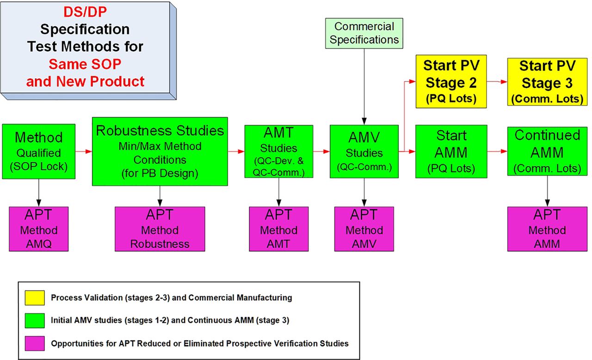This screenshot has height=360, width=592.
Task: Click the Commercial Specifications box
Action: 364,33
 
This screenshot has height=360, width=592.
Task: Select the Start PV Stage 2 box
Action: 451,81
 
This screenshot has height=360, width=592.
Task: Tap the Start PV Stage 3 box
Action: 547,82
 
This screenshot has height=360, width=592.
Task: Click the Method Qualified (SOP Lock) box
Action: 38,151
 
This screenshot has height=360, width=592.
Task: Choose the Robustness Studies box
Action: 160,151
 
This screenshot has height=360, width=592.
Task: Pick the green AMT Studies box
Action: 279,151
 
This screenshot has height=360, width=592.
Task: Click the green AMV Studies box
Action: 364,151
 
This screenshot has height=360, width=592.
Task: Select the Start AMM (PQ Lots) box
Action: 451,151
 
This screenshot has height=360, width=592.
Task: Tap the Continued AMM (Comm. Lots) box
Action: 547,151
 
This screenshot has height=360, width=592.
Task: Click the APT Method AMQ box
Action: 38,229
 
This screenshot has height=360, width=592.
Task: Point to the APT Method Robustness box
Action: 160,229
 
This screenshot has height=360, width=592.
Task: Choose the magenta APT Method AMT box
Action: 279,229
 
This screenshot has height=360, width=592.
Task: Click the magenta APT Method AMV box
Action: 364,229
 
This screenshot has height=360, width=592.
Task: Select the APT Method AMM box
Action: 547,229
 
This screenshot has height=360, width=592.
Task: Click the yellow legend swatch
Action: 35,298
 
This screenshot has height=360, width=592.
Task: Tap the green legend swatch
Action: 35,321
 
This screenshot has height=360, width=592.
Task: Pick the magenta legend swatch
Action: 35,343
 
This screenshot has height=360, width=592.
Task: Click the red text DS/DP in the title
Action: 85,12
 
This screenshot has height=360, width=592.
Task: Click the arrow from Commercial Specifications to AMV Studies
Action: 364,87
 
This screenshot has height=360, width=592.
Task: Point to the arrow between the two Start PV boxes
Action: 497,82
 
